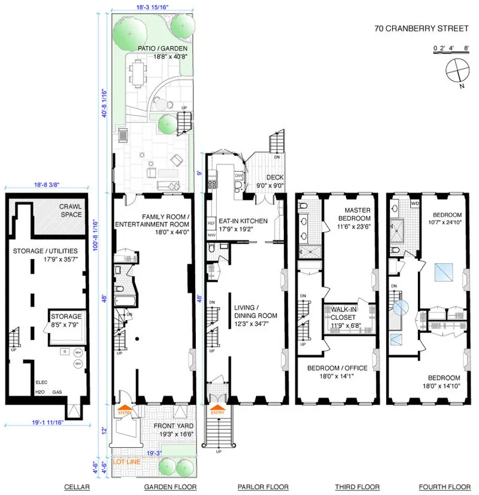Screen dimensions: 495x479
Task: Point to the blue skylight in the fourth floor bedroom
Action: pos(444,273)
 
